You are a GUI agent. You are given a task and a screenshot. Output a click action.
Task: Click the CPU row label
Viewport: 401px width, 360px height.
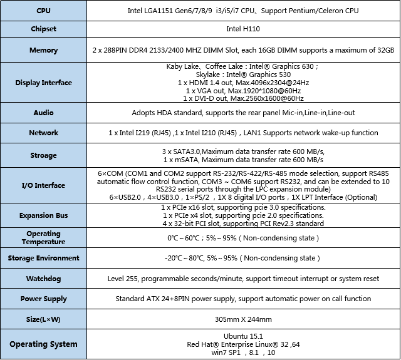(44, 11)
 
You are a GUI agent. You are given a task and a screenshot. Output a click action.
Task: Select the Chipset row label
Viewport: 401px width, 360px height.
(44, 29)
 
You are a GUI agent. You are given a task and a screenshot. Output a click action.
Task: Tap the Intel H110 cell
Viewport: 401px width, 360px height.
(243, 29)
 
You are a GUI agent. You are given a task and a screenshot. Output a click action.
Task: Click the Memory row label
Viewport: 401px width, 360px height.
(44, 50)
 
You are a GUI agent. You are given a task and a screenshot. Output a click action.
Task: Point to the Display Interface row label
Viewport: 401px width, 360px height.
(44, 83)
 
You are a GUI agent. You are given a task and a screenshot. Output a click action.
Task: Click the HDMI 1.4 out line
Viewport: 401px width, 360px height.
(243, 83)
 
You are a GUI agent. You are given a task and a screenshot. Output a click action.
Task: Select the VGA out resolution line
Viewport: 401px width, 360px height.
(243, 91)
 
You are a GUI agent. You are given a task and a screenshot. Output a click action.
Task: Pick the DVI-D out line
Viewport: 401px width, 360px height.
(243, 98)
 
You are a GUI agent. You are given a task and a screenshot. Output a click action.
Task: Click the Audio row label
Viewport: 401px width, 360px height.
(44, 113)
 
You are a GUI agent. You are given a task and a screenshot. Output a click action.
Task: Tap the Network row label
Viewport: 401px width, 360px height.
(44, 133)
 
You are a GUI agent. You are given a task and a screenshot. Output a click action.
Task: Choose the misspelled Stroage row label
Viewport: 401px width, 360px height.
(44, 155)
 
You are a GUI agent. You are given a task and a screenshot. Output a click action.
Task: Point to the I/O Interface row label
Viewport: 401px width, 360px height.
(44, 185)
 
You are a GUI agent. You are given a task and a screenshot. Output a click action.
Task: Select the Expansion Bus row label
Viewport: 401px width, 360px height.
(44, 215)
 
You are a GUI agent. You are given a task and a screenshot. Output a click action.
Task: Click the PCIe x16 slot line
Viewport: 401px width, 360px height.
(243, 207)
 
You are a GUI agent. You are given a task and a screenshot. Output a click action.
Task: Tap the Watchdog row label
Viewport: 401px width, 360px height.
(44, 278)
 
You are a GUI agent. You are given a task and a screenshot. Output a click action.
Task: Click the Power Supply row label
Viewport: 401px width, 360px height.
(44, 299)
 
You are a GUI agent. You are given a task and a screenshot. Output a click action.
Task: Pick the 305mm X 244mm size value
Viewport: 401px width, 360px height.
(243, 319)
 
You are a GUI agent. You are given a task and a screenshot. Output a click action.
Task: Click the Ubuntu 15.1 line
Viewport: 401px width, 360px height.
(243, 336)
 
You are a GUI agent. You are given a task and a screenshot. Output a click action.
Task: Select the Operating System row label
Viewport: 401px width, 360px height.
(44, 344)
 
